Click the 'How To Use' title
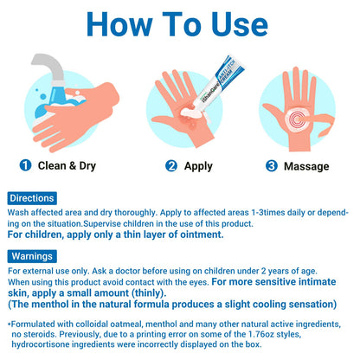[177, 24]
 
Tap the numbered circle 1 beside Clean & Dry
[25, 165]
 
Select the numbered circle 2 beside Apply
[171, 166]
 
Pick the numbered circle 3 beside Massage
[272, 166]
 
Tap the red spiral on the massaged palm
[296, 119]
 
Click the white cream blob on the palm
[188, 112]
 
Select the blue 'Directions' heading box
[32, 198]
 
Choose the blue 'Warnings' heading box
[32, 256]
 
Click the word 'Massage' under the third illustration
[306, 166]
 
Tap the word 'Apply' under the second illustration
[198, 166]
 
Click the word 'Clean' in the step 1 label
[52, 165]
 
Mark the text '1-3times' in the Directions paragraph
[268, 213]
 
